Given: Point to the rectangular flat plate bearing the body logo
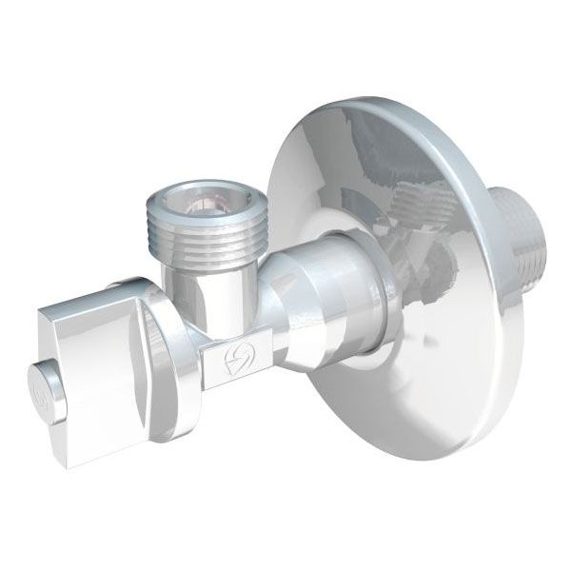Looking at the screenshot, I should tap(228, 363).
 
